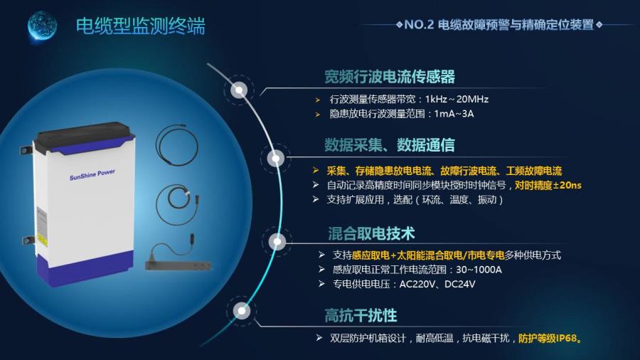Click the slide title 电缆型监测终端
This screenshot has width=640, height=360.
(140, 26)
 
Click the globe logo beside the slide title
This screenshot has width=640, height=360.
(42, 26)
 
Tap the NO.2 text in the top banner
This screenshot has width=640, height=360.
(419, 25)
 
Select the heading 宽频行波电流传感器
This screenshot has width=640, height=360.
(390, 76)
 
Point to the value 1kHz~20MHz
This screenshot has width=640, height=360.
(457, 99)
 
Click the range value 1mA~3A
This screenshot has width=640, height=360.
(454, 114)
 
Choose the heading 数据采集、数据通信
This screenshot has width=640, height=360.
(390, 145)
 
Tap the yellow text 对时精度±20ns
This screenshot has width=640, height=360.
(548, 185)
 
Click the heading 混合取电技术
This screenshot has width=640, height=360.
(371, 233)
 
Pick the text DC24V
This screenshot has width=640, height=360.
(460, 284)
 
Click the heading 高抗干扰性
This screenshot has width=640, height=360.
(361, 315)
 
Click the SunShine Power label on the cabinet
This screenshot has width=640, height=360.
(92, 175)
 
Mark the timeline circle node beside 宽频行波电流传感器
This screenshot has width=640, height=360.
(239, 90)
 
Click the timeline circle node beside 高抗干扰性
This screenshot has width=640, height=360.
(242, 311)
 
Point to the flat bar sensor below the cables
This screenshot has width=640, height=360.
(178, 265)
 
